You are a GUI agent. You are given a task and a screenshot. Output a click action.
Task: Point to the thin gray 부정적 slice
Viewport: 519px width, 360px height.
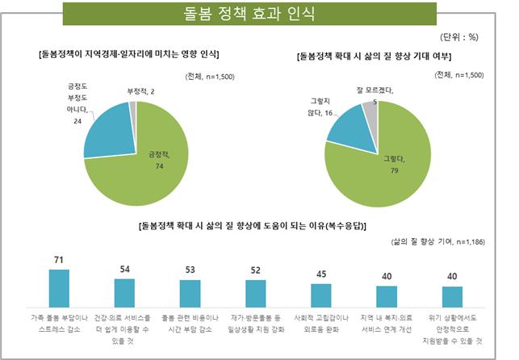point(133,105)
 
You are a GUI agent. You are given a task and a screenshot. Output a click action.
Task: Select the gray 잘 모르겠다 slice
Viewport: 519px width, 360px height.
point(370,107)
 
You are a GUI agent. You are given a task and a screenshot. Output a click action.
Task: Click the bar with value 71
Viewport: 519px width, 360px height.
point(59,286)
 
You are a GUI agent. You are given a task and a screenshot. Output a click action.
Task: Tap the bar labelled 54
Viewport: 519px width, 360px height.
point(124,291)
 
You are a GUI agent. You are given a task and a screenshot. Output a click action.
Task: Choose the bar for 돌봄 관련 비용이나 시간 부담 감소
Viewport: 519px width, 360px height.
point(190,291)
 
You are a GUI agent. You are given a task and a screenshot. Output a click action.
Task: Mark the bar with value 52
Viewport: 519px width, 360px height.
point(255,291)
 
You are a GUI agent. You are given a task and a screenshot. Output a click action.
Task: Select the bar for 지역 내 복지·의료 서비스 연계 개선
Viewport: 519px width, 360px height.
point(387,295)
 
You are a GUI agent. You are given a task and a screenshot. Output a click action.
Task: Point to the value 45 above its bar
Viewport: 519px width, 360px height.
point(321,274)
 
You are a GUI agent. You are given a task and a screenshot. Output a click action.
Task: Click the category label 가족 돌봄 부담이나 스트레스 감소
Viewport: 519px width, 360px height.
point(59,322)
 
